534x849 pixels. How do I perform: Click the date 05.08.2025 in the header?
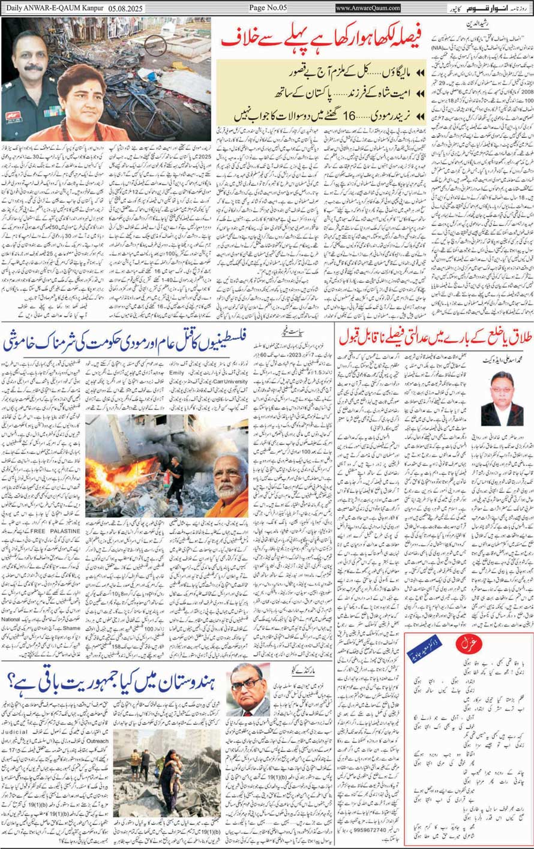[126, 8]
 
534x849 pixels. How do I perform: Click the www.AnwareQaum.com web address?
[368, 8]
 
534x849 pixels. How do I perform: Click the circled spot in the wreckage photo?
[155, 46]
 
